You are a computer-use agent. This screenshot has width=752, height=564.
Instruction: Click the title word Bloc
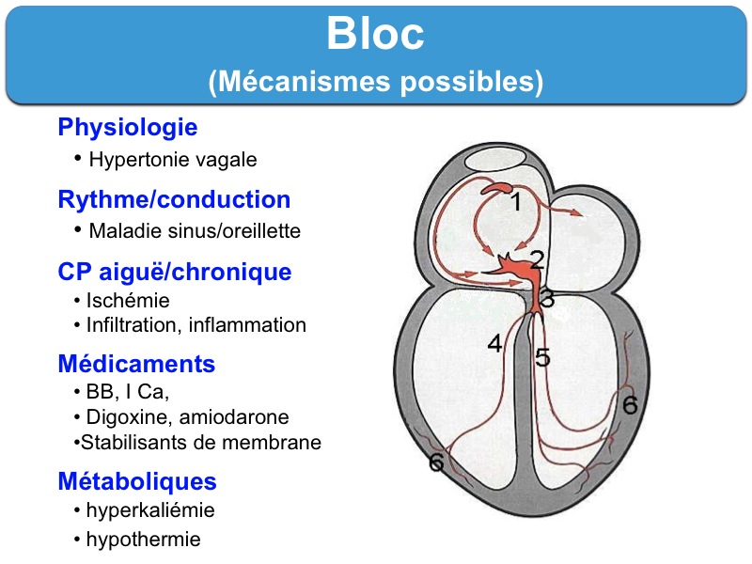click(x=375, y=35)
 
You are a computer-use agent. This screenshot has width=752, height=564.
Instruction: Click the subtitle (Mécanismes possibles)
click(x=375, y=83)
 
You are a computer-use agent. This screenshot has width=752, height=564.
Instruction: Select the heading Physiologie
click(x=127, y=127)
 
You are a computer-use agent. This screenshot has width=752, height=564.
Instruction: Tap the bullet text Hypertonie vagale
click(x=172, y=160)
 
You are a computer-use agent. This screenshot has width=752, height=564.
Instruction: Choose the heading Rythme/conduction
click(x=174, y=200)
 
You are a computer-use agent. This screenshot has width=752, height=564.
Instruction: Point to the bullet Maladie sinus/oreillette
click(x=195, y=230)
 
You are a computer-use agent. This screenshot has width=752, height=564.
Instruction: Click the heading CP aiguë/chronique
click(x=174, y=273)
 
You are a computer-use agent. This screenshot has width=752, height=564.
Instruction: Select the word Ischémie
click(x=128, y=302)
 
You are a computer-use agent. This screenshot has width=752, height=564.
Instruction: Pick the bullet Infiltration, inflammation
click(x=196, y=325)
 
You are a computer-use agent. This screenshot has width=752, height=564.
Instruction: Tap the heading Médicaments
click(x=136, y=364)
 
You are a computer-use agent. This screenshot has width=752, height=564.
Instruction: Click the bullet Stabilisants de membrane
click(x=201, y=442)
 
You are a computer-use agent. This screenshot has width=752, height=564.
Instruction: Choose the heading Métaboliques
click(x=137, y=482)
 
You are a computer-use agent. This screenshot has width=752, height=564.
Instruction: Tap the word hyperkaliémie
click(x=150, y=511)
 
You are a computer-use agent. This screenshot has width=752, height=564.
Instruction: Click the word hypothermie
click(x=143, y=540)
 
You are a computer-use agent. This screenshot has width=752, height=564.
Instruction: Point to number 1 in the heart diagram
click(x=516, y=202)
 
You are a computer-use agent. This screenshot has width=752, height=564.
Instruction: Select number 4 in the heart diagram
click(x=495, y=344)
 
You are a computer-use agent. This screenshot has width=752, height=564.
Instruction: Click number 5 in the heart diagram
click(x=542, y=357)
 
